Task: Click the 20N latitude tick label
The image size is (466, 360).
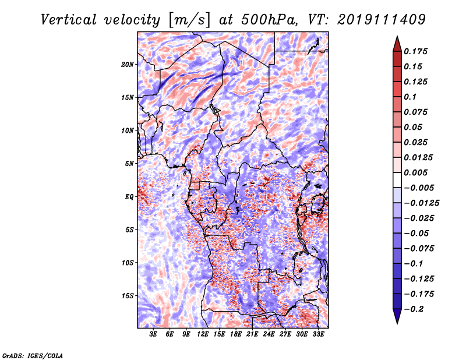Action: coord(128,64)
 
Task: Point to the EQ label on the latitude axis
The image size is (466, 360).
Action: coord(129,197)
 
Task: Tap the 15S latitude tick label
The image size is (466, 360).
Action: coord(128,296)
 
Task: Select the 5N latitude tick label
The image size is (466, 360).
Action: coord(129,164)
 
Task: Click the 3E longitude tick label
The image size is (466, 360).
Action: coord(153,335)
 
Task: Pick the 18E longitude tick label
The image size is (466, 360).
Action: coord(236,335)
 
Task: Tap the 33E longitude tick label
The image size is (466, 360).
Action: coord(319,335)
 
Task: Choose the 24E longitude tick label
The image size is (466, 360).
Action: coord(269,335)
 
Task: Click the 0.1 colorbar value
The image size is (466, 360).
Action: coord(411,97)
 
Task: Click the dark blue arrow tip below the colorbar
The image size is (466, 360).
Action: coord(396,319)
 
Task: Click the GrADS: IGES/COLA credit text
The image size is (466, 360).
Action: coord(33,355)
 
